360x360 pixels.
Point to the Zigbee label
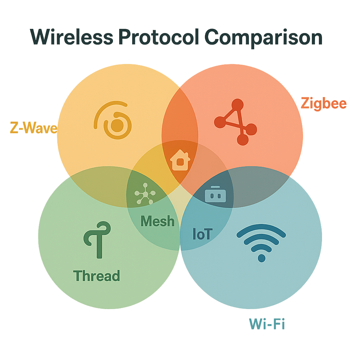(323, 104)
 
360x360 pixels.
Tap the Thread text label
(96, 276)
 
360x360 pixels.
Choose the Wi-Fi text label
(267, 324)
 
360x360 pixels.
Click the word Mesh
(157, 221)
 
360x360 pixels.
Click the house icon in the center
(180, 160)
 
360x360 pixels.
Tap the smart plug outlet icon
(214, 194)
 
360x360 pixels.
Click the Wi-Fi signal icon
(261, 243)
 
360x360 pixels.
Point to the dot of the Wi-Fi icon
(262, 258)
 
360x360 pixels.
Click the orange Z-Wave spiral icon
(113, 120)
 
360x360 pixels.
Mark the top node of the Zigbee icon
(238, 105)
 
